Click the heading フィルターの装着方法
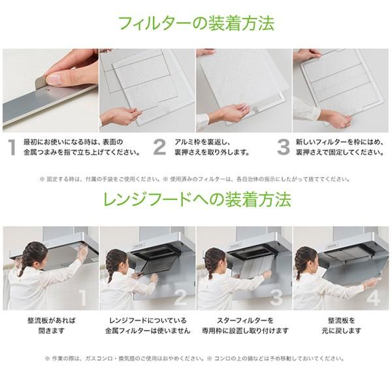[x=196, y=24]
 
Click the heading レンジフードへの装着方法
[x=196, y=200]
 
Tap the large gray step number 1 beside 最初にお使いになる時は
[x=11, y=147]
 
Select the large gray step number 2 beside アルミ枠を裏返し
[x=159, y=147]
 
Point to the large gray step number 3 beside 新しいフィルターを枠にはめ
[x=283, y=147]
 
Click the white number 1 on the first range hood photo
[x=82, y=298]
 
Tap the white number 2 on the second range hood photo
[x=180, y=298]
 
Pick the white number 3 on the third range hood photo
[x=276, y=298]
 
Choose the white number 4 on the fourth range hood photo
[x=374, y=298]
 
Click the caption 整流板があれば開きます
[x=51, y=326]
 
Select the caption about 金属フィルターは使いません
[x=148, y=326]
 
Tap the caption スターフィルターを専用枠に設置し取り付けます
[x=244, y=326]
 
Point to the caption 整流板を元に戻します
[x=341, y=326]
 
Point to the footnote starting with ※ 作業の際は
[x=196, y=358]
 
